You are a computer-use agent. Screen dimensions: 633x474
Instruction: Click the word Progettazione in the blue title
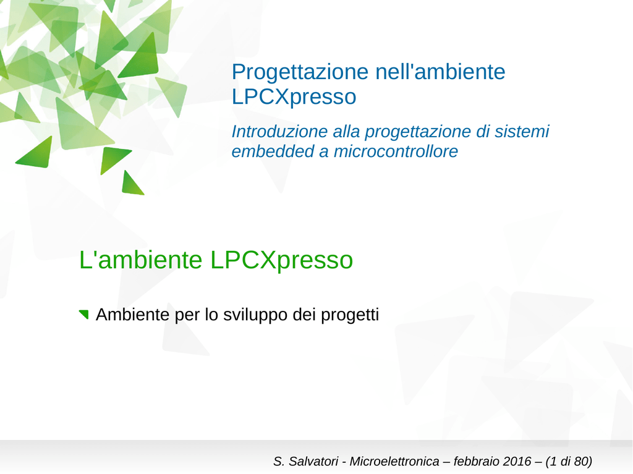point(300,73)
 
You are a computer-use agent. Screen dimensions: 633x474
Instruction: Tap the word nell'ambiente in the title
point(440,72)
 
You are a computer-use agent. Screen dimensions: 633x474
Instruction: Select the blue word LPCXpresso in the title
point(294,97)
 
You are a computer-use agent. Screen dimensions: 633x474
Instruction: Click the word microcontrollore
point(396,151)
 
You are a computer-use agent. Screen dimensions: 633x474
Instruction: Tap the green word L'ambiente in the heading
point(140,260)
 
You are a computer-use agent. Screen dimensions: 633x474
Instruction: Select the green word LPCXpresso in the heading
point(281,261)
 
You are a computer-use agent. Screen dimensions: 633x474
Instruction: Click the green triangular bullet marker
point(84,314)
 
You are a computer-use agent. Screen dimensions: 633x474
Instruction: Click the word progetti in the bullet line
point(350,315)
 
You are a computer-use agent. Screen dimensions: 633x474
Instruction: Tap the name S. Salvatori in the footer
point(305,461)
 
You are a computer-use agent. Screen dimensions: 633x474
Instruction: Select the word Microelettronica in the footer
point(394,461)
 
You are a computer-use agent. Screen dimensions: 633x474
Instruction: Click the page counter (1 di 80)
point(569,461)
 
